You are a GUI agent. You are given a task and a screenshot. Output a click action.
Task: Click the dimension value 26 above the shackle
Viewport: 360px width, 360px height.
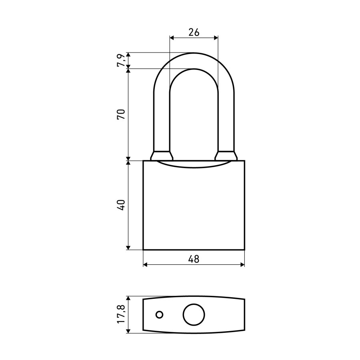coord(194,32)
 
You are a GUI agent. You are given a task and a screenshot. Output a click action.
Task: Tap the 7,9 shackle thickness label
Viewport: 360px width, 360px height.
coord(121,60)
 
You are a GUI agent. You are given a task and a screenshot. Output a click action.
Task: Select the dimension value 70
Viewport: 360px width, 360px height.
coord(121,114)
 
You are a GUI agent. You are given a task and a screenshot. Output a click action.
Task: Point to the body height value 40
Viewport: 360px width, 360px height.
coord(121,205)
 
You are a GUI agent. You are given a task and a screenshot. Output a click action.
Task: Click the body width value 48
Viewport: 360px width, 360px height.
coord(194,259)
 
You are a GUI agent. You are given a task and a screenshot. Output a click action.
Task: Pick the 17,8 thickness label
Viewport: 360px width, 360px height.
coord(121,314)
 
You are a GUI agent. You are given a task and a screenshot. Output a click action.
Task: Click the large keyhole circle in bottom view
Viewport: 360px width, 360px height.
coord(194,314)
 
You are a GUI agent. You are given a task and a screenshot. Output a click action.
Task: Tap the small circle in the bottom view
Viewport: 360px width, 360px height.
coord(160,314)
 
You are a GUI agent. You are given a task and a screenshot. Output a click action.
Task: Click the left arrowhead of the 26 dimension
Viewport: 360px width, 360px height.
coord(172,38)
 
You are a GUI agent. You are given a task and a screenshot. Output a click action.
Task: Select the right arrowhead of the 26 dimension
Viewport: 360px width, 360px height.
coord(216,38)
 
